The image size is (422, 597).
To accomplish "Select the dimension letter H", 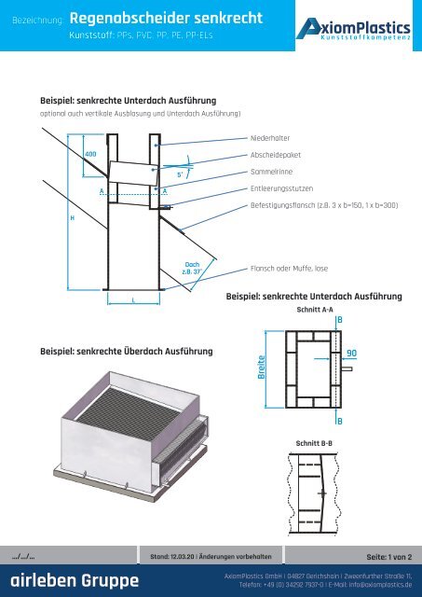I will click(73, 216).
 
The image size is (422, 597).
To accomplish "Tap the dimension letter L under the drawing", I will click(134, 300).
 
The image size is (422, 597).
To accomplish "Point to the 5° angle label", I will click(181, 174).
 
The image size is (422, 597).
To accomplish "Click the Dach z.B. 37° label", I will click(193, 269).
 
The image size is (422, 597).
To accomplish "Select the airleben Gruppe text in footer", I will click(71, 582).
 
